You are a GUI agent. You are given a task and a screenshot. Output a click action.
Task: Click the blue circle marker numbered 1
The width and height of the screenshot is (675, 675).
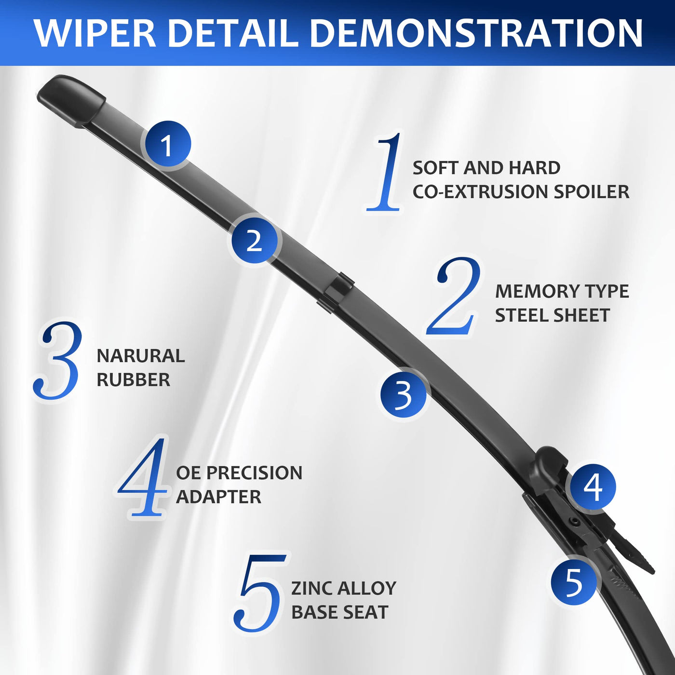pyautogui.click(x=167, y=144)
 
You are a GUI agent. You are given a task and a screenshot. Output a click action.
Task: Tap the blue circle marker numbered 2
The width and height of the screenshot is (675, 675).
pyautogui.click(x=254, y=239)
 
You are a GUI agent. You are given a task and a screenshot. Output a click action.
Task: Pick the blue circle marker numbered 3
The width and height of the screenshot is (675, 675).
pyautogui.click(x=404, y=394)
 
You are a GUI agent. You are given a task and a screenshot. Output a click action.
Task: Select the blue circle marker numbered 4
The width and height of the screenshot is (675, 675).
pyautogui.click(x=593, y=486)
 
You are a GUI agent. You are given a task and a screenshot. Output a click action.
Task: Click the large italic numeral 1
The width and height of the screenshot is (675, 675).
pyautogui.click(x=384, y=171)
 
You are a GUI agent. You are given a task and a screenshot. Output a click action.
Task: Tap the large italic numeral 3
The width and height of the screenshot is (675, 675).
pyautogui.click(x=57, y=361)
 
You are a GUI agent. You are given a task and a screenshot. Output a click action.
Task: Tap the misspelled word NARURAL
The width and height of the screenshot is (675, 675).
pyautogui.click(x=140, y=356)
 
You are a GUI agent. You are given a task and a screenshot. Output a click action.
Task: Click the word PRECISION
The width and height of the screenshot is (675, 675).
pyautogui.click(x=254, y=473)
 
